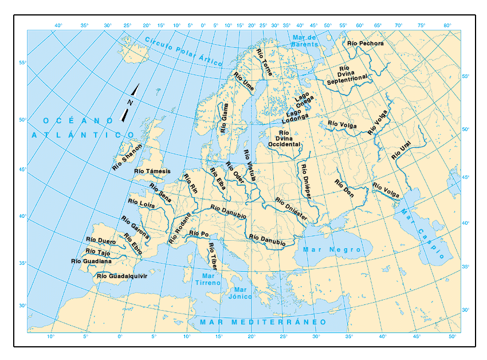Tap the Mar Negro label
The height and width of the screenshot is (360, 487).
point(332,250)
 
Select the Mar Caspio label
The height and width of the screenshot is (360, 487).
point(422,234)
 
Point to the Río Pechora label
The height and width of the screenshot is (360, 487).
point(366,43)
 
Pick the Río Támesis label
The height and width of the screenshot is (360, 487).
point(152,171)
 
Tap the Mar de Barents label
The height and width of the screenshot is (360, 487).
point(304,40)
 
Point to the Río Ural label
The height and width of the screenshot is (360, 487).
point(401,151)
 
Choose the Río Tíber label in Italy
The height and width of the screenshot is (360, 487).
point(212,256)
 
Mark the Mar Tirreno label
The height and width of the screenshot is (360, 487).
point(207,279)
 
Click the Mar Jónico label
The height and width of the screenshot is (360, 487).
point(240,294)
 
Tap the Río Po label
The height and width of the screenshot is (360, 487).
point(199,234)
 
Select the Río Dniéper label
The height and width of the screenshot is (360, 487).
point(305,181)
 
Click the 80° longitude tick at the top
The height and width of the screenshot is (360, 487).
point(447,25)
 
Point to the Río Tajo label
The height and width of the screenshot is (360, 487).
point(97,251)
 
